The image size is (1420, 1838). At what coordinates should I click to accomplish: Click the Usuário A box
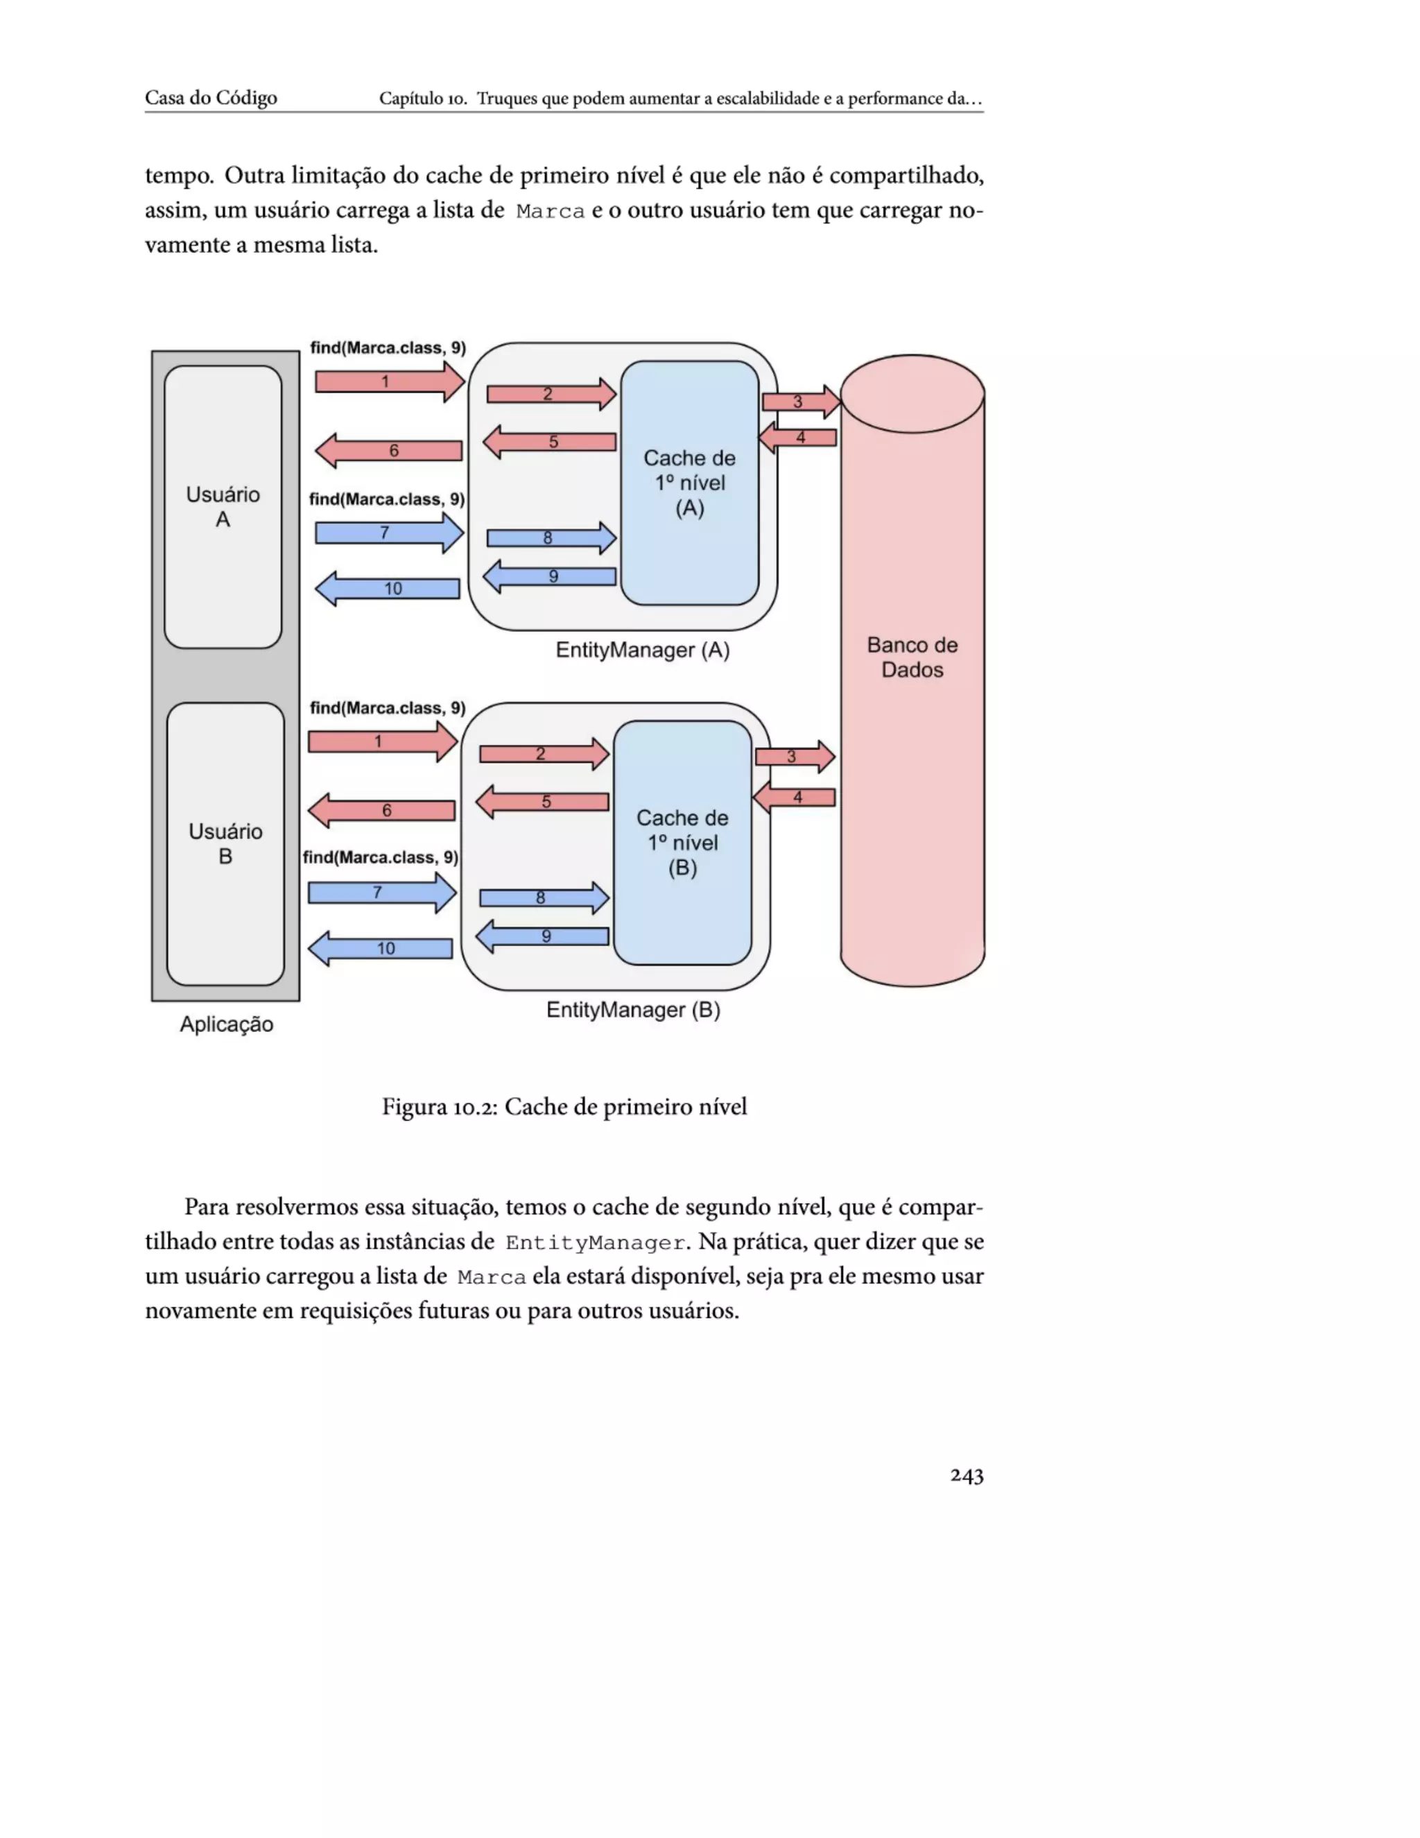coord(223,506)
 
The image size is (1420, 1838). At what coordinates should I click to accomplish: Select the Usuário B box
coord(225,843)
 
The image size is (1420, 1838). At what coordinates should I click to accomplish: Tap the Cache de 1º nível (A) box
coord(690,483)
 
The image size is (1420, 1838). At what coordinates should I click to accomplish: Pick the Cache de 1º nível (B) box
coord(682,843)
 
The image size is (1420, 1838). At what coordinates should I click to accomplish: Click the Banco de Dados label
coord(912,658)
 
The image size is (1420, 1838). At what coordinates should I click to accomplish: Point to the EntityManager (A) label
coord(642,650)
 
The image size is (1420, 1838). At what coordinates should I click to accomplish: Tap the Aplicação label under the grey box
coord(226,1024)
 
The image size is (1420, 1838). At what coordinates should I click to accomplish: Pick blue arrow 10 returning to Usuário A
coord(389,588)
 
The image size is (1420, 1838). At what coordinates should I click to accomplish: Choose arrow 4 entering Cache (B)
coord(795,797)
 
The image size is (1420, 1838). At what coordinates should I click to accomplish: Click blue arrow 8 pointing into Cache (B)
coord(544,898)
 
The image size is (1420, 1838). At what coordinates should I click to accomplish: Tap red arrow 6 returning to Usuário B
coord(383,810)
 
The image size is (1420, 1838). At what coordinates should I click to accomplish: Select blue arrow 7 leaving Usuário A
coord(388,533)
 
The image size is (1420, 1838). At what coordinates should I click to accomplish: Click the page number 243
coord(966,1475)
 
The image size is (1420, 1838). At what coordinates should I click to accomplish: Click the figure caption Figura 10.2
coord(564,1107)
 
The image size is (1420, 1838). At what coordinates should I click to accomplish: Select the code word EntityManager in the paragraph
coord(595,1243)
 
